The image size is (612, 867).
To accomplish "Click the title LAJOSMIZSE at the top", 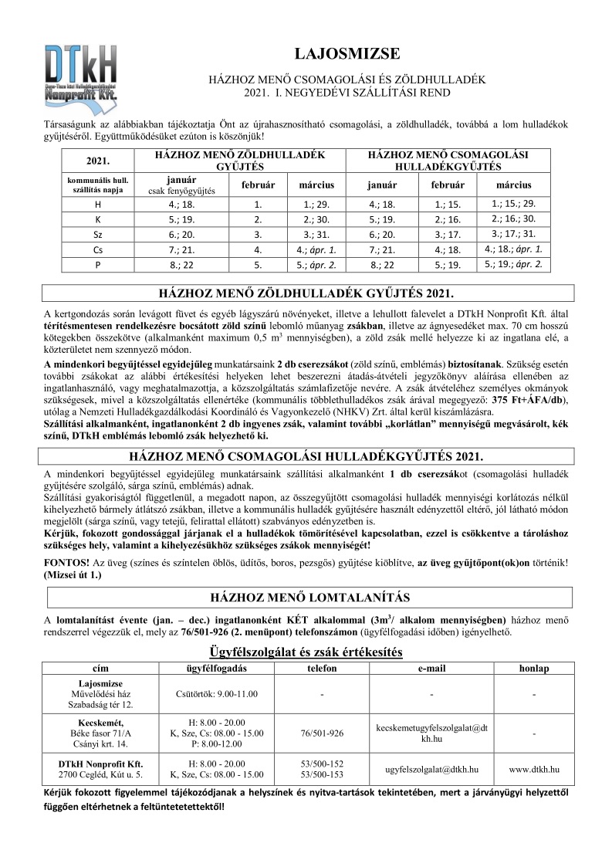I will click(347, 54).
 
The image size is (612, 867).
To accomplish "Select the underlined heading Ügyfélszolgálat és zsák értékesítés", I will click(306, 652).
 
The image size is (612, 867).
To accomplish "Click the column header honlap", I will click(533, 667).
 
